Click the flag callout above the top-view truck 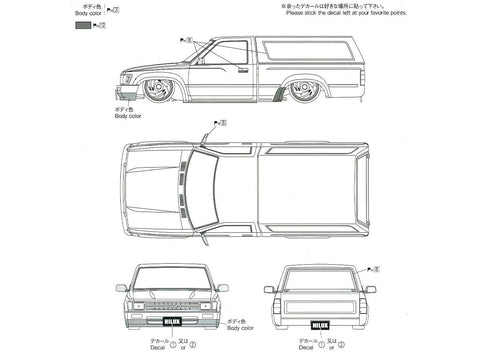(219, 124)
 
